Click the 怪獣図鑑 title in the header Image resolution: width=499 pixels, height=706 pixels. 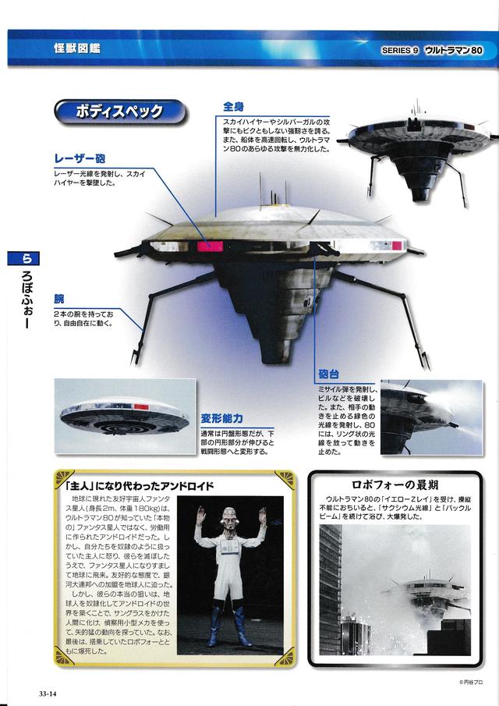click(x=77, y=48)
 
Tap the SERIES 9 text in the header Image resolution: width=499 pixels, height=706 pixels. click(x=400, y=51)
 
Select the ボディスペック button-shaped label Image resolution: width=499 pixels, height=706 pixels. click(x=120, y=112)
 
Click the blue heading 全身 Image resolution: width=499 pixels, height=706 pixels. click(x=234, y=107)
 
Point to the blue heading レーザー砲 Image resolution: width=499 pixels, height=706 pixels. click(x=80, y=158)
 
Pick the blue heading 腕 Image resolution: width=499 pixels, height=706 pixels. click(x=59, y=299)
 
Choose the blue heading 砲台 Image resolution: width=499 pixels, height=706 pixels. click(x=329, y=374)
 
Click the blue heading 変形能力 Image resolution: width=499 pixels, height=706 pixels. click(x=222, y=418)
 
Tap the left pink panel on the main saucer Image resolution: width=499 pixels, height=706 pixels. click(x=210, y=247)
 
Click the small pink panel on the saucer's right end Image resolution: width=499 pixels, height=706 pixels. click(x=396, y=246)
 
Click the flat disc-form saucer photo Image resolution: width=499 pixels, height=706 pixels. click(x=125, y=416)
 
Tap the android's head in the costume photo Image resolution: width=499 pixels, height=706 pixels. click(x=229, y=518)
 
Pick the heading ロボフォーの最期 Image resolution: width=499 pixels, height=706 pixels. click(x=395, y=485)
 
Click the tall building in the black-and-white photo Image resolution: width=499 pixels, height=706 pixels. click(x=331, y=590)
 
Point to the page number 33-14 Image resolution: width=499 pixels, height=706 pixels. click(x=48, y=694)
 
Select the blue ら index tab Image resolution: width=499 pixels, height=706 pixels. click(x=23, y=258)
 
